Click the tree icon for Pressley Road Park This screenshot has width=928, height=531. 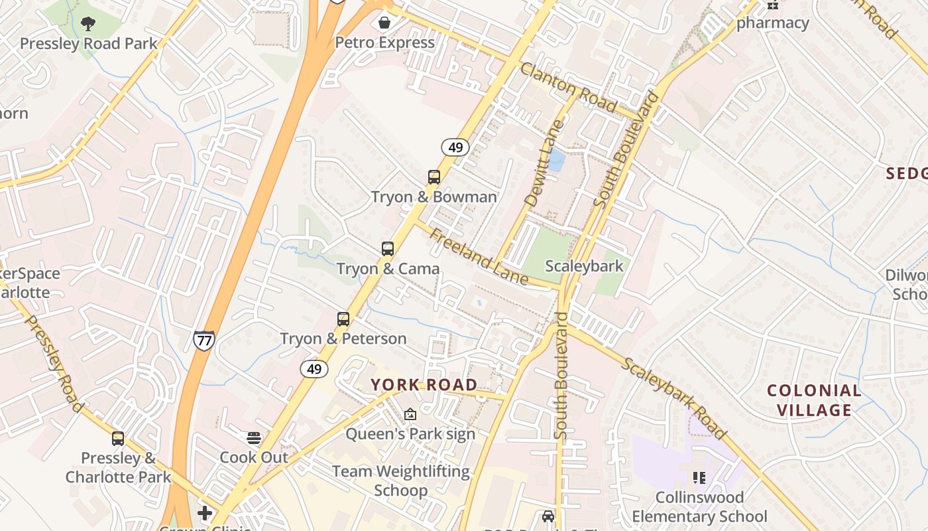[x=87, y=25]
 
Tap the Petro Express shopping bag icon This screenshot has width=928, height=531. [x=384, y=23]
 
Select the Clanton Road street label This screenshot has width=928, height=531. [x=569, y=88]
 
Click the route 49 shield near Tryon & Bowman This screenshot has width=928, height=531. [x=455, y=147]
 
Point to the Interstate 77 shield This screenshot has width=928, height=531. [x=204, y=341]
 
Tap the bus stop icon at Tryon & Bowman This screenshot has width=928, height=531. [x=434, y=177]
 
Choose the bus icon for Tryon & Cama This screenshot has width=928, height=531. [x=388, y=249]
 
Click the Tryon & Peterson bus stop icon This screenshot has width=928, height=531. [x=343, y=319]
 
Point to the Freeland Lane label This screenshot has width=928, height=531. [x=478, y=257]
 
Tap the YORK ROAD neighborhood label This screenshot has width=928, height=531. [x=424, y=385]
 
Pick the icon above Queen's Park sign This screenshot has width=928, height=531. [x=410, y=414]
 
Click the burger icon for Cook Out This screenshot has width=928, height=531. [x=254, y=438]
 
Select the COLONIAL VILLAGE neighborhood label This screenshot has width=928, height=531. [x=814, y=400]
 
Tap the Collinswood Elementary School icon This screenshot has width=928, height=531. [x=699, y=477]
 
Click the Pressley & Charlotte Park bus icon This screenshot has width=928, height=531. [x=118, y=439]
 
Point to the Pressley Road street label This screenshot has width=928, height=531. [x=54, y=363]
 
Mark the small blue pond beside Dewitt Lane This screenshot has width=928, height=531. [x=556, y=161]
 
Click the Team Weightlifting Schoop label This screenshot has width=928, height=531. [x=400, y=481]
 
